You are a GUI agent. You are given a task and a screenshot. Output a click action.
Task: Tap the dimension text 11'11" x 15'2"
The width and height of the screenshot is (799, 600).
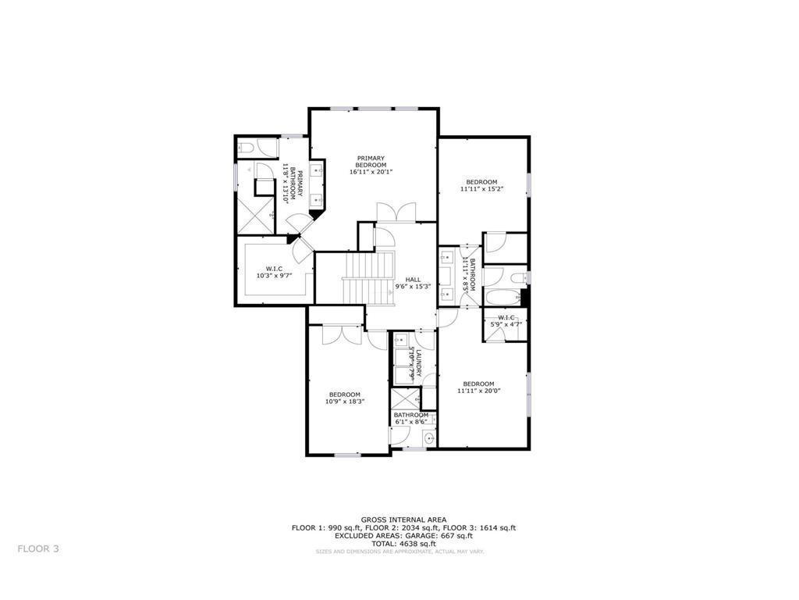click(478, 189)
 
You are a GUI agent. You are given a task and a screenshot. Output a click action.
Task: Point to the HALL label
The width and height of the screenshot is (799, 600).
click(413, 279)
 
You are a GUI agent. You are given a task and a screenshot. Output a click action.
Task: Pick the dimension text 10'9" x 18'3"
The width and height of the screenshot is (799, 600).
click(345, 402)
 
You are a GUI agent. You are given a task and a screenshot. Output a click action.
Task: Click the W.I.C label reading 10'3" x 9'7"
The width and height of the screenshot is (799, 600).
click(273, 275)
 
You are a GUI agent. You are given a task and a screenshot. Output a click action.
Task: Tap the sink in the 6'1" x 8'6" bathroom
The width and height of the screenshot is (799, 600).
click(428, 439)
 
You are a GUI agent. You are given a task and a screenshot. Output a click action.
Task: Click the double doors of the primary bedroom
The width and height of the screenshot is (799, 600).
click(396, 212)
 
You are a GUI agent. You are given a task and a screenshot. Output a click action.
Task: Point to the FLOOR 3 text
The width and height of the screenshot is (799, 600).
click(38, 548)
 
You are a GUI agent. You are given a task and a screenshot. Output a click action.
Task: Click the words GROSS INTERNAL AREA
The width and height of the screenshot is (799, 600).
click(403, 520)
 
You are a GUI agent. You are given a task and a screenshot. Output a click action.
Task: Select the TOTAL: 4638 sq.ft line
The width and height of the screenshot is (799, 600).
click(403, 544)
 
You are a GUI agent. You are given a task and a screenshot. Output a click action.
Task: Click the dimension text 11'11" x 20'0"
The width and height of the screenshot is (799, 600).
click(478, 391)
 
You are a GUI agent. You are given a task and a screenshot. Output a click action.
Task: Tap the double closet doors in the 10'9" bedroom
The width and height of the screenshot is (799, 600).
click(341, 331)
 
